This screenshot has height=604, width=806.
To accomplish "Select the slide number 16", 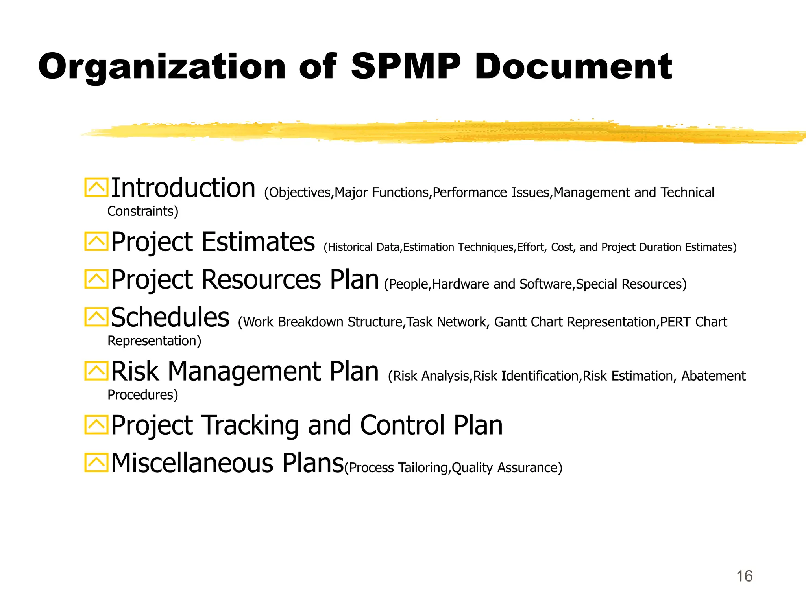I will pyautogui.click(x=744, y=576).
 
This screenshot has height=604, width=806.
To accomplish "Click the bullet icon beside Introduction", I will pyautogui.click(x=96, y=188).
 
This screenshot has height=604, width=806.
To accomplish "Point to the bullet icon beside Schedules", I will pyautogui.click(x=96, y=317).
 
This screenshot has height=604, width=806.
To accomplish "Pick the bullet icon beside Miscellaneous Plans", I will pyautogui.click(x=96, y=462).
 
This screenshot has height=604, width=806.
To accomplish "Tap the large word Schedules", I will pyautogui.click(x=170, y=317).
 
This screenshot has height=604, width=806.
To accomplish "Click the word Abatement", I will pyautogui.click(x=713, y=376).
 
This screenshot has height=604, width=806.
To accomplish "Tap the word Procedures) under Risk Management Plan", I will pyautogui.click(x=143, y=395).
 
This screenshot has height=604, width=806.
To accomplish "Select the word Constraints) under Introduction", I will pyautogui.click(x=143, y=212).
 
